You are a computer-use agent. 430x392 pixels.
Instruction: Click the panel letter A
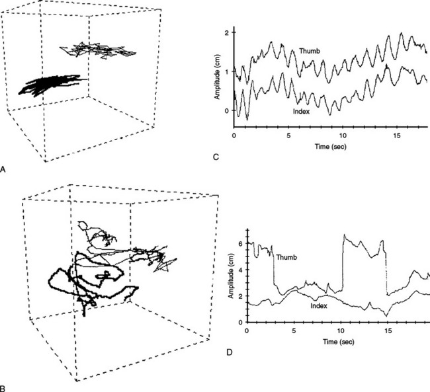pyautogui.click(x=4, y=170)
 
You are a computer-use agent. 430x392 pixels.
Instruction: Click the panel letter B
pyautogui.click(x=4, y=386)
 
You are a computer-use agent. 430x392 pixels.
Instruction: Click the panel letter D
pyautogui.click(x=229, y=351)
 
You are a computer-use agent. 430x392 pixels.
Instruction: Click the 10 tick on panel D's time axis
pyautogui.click(x=341, y=329)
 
